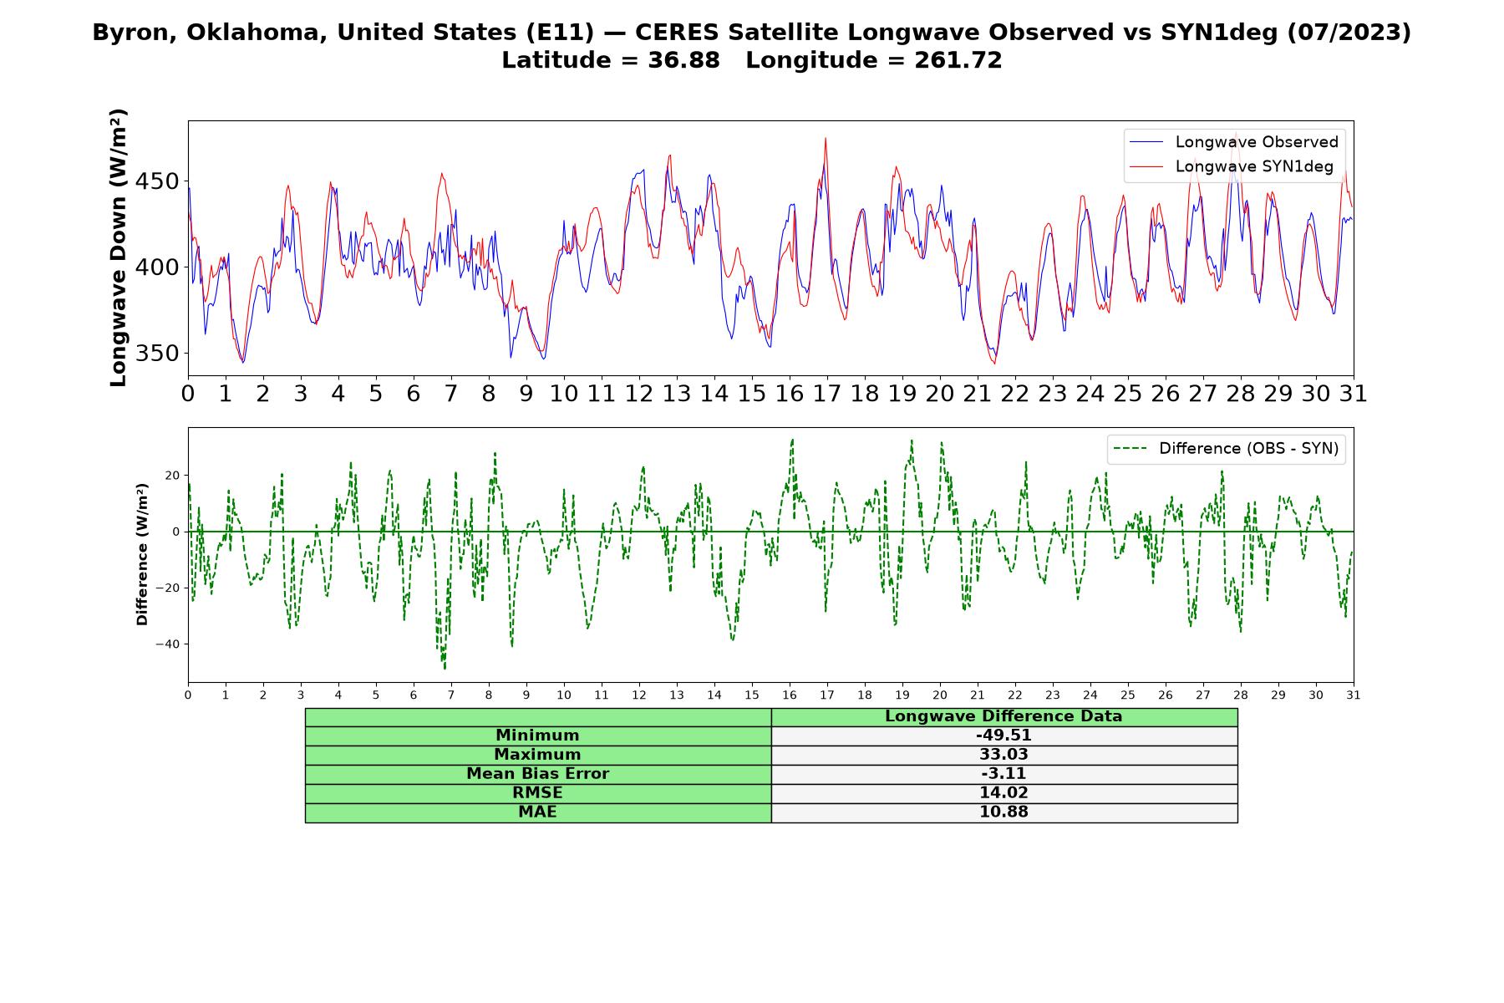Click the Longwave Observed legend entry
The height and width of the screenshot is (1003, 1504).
click(1233, 142)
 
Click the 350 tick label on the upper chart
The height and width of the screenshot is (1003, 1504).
click(157, 354)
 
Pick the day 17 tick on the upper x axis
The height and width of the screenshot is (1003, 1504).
click(827, 394)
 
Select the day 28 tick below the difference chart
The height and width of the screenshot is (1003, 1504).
click(1241, 695)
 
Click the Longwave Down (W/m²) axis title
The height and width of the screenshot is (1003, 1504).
click(118, 247)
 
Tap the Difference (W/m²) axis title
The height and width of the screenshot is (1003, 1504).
click(142, 554)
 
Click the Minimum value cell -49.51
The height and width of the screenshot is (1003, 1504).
click(1004, 736)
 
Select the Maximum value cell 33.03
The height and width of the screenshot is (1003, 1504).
click(1004, 755)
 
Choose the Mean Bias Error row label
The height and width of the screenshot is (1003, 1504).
click(537, 774)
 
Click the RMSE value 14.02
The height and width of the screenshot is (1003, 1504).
click(1004, 793)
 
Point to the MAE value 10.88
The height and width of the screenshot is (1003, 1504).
click(1004, 812)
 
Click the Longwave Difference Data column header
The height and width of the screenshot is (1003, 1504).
click(1004, 716)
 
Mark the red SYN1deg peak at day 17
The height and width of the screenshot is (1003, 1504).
click(826, 140)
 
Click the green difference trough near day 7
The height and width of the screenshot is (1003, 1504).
click(445, 668)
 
